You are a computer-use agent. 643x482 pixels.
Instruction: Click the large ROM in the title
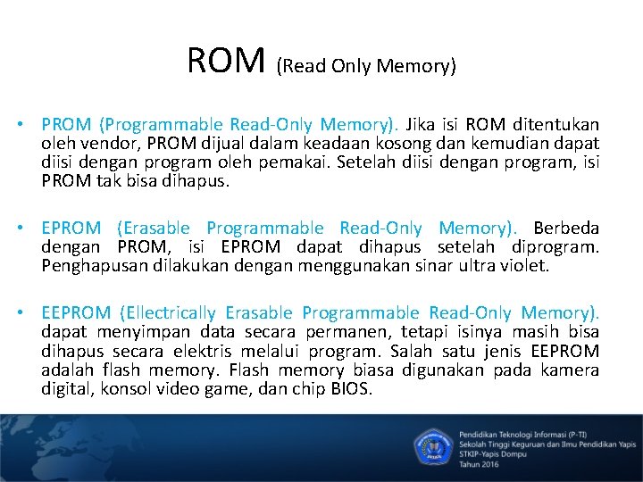pos(227,61)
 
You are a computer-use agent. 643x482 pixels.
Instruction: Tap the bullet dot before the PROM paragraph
pos(29,124)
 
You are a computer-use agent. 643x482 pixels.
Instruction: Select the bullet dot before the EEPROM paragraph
pos(29,313)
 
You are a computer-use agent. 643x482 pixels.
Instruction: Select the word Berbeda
pos(566,228)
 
